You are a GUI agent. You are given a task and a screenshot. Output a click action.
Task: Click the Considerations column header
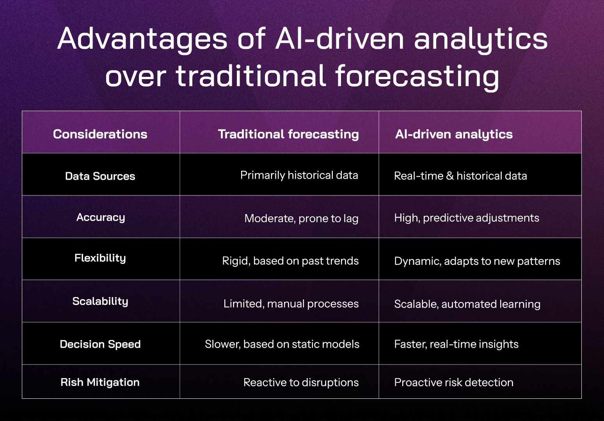click(100, 134)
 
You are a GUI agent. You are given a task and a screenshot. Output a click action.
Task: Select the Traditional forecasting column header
click(288, 134)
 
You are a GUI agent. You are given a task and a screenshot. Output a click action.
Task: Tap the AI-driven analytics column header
click(454, 134)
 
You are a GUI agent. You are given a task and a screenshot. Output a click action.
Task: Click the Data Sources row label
click(100, 176)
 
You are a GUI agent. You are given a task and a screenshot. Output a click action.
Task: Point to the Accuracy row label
click(101, 218)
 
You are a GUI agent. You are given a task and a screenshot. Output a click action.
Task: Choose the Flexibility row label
click(100, 258)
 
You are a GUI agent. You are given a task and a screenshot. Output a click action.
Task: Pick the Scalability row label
click(100, 301)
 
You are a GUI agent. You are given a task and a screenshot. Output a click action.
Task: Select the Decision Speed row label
click(100, 344)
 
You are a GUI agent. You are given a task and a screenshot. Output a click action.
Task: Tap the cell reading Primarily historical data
click(299, 175)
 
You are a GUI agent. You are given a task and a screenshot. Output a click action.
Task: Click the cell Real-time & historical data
click(460, 176)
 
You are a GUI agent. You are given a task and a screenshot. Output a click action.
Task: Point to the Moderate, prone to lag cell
click(301, 218)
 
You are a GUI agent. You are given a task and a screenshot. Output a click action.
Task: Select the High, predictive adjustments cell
click(467, 218)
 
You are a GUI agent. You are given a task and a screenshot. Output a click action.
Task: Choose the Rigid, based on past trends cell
click(290, 261)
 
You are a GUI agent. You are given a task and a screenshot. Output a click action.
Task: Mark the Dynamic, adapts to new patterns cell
click(477, 261)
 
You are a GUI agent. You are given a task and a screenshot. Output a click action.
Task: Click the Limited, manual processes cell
click(291, 304)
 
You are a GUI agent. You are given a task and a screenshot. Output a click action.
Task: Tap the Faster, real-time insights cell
click(456, 344)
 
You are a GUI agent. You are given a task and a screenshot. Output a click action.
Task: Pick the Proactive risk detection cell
click(453, 382)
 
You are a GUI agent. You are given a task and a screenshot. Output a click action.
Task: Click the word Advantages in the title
click(142, 39)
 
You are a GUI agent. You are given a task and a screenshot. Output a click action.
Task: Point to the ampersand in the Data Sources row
click(450, 176)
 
